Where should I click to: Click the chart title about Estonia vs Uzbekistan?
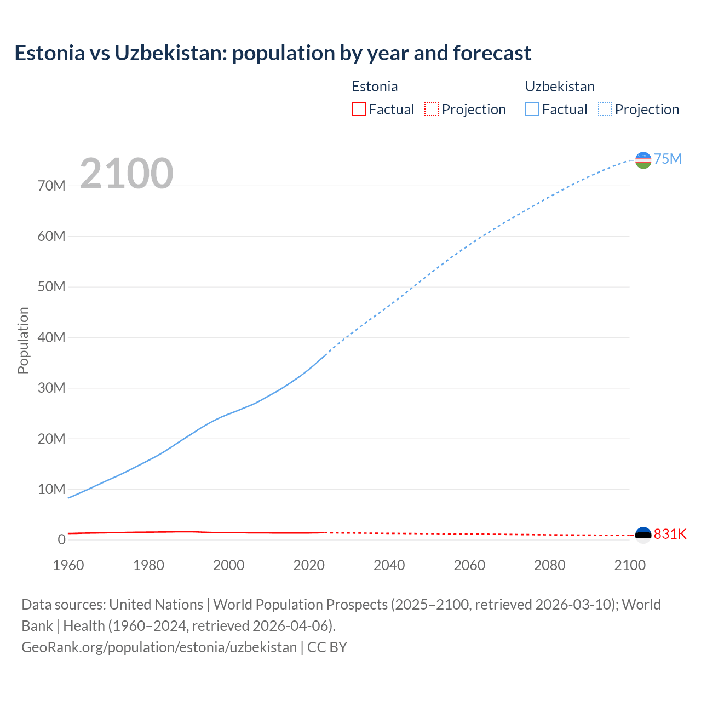point(273,53)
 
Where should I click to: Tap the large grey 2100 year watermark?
point(127,174)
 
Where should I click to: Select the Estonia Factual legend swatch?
point(358,109)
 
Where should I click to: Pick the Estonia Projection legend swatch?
point(432,109)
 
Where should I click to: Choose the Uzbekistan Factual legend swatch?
point(531,109)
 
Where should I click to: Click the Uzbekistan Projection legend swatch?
point(605,109)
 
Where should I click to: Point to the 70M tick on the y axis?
point(51,186)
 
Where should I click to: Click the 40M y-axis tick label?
point(51,337)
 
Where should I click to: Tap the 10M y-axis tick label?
point(51,489)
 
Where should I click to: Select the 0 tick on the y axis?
point(61,539)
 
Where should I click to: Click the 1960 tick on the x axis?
point(68,565)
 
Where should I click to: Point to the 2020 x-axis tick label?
point(309,565)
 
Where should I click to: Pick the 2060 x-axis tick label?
point(469,565)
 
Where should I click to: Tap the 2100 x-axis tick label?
point(630,565)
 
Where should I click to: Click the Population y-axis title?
point(23,340)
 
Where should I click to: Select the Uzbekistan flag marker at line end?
point(643,160)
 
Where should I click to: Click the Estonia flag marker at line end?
point(643,535)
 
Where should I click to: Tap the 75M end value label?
point(668,159)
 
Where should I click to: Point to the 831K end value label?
point(670,534)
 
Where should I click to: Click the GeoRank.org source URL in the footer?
point(159,647)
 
